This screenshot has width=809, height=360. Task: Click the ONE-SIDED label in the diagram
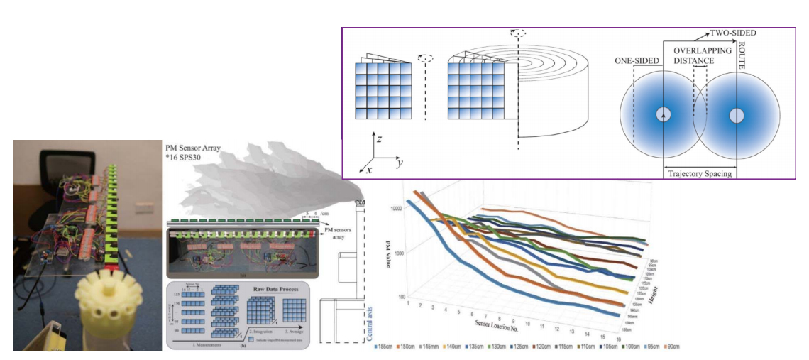tap(636, 62)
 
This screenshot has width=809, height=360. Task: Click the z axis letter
tap(379, 140)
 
